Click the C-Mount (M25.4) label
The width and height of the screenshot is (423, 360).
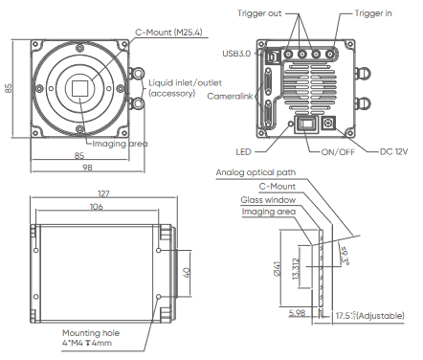168,33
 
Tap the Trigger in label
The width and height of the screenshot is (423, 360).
373,13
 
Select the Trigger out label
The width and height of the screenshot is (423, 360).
259,13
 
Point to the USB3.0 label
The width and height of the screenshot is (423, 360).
236,54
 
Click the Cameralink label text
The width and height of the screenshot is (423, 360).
230,96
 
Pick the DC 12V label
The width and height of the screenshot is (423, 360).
393,151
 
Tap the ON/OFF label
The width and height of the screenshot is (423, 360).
338,152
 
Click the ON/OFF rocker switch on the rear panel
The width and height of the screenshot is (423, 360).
307,124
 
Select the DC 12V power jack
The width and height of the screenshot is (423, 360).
328,124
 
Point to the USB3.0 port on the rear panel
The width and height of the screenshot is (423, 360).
273,57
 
